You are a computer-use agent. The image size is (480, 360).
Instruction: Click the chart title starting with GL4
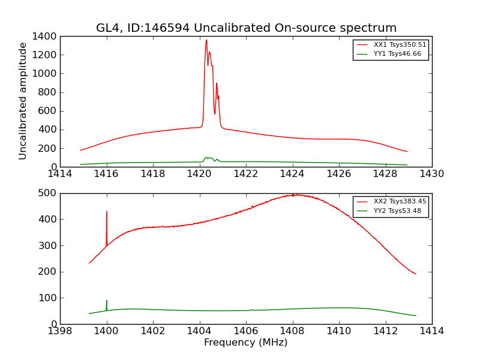246,28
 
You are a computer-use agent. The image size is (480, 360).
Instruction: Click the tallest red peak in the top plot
206,41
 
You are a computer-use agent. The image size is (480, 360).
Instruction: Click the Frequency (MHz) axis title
246,343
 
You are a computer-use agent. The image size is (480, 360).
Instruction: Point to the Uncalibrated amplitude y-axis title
23,101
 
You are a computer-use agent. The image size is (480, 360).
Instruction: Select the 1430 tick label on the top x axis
432,174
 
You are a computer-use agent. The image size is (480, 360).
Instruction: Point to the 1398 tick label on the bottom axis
60,331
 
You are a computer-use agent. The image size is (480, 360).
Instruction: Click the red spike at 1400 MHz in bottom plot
107,212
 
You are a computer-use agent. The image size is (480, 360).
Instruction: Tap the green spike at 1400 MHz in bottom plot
107,301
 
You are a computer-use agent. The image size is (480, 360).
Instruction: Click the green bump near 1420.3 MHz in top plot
206,158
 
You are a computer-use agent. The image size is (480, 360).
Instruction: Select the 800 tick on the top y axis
47,92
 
